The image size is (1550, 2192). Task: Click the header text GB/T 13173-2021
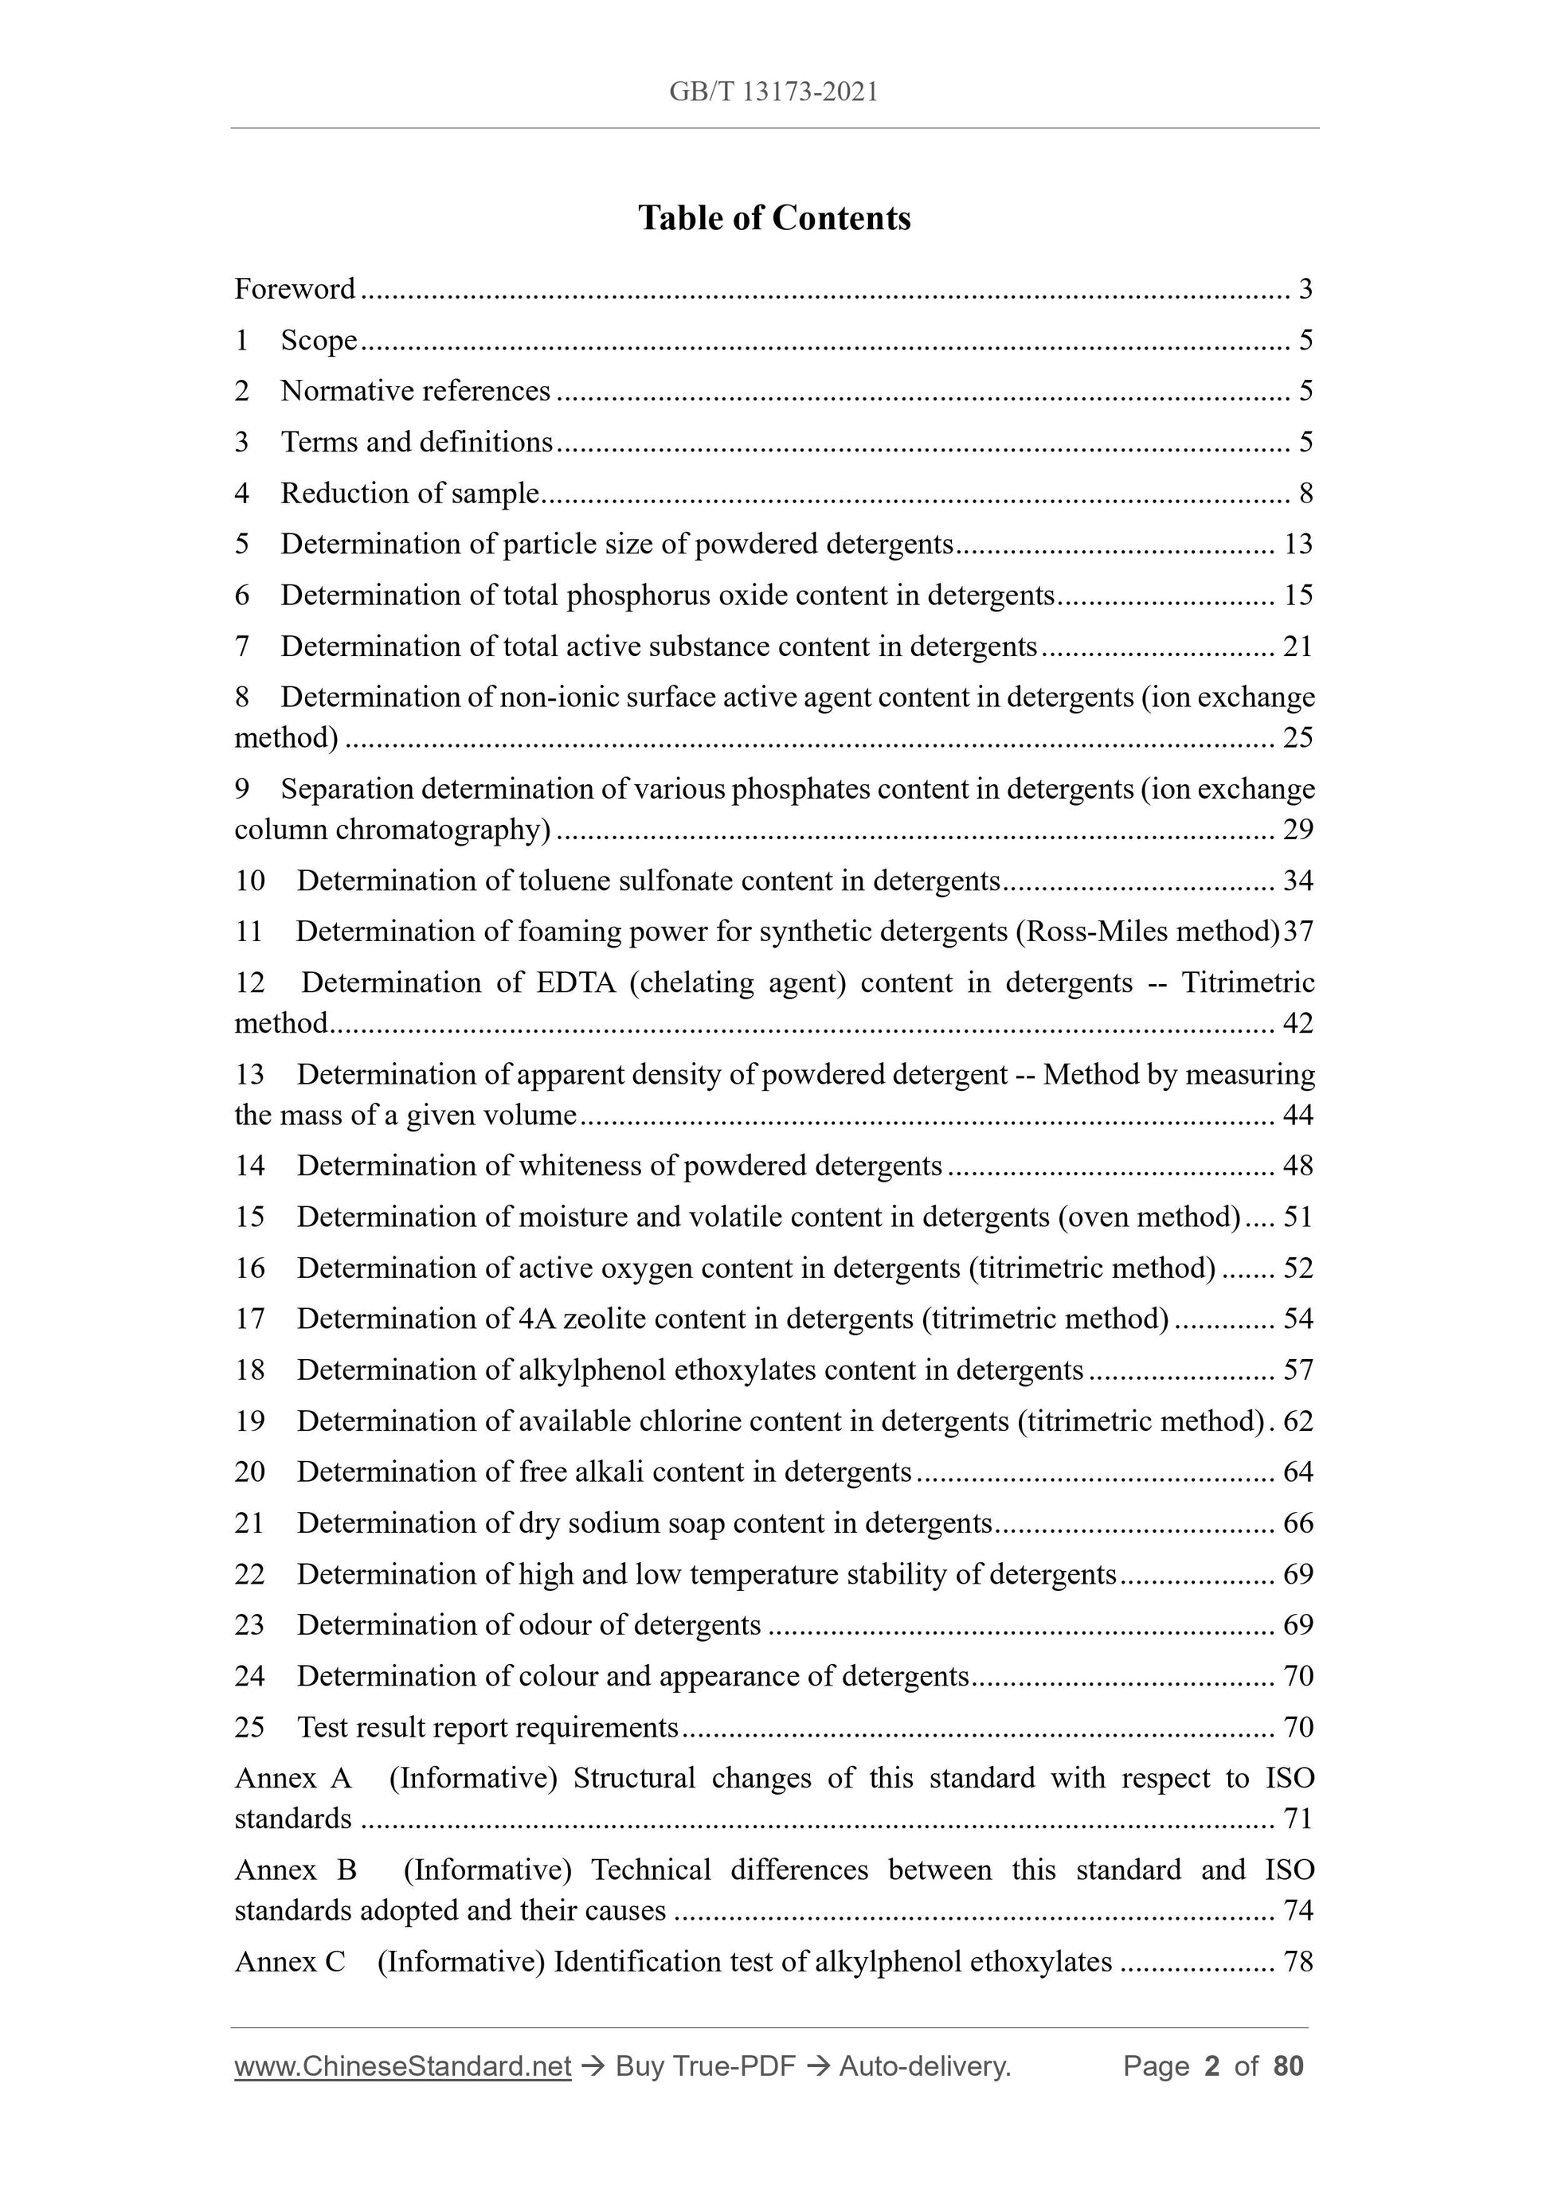pyautogui.click(x=773, y=92)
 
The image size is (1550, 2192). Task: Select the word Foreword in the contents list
pyautogui.click(x=295, y=288)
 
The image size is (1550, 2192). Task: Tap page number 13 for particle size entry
pyautogui.click(x=1298, y=544)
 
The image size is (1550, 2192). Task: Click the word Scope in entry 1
pyautogui.click(x=319, y=341)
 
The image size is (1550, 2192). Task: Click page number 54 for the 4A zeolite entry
pyautogui.click(x=1298, y=1319)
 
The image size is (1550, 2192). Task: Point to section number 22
pyautogui.click(x=249, y=1574)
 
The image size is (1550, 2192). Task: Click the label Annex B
pyautogui.click(x=295, y=1870)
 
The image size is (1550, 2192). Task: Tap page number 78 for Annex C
pyautogui.click(x=1298, y=1962)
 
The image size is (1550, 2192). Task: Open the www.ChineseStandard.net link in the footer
pyautogui.click(x=402, y=2067)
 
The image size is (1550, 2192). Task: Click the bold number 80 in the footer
pyautogui.click(x=1288, y=2067)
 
